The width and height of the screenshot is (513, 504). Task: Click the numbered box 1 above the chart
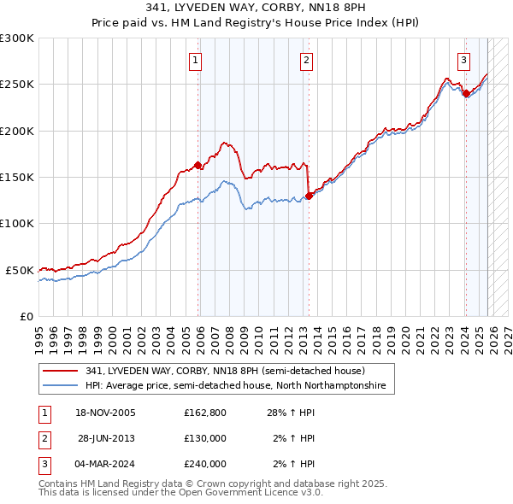[197, 60]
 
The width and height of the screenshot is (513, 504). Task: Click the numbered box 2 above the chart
[306, 60]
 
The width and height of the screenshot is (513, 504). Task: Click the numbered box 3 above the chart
[463, 60]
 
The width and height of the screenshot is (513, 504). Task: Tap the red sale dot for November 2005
[198, 165]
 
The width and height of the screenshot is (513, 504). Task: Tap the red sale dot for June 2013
[309, 196]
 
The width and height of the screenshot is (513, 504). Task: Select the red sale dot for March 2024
[466, 94]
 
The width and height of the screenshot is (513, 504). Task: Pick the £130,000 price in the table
[205, 438]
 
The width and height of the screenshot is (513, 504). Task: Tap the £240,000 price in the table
[205, 464]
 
